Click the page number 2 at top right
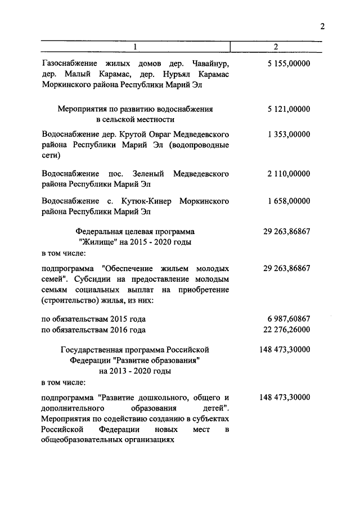click(323, 26)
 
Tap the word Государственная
click(93, 349)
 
